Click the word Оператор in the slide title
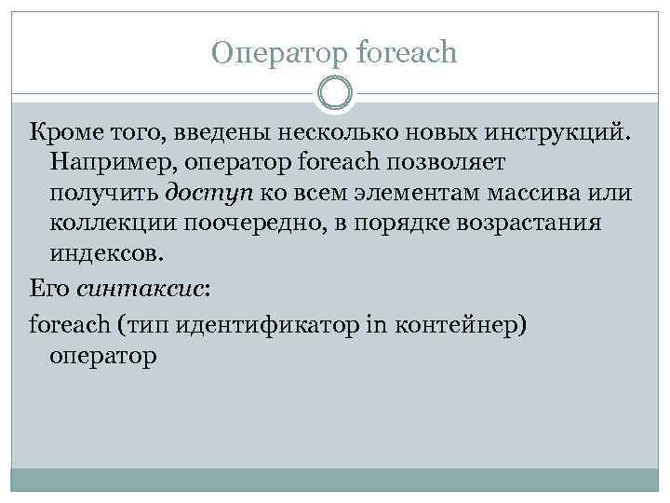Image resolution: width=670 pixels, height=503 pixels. pyautogui.click(x=271, y=53)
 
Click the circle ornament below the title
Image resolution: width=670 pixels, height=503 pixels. pyautogui.click(x=335, y=93)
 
